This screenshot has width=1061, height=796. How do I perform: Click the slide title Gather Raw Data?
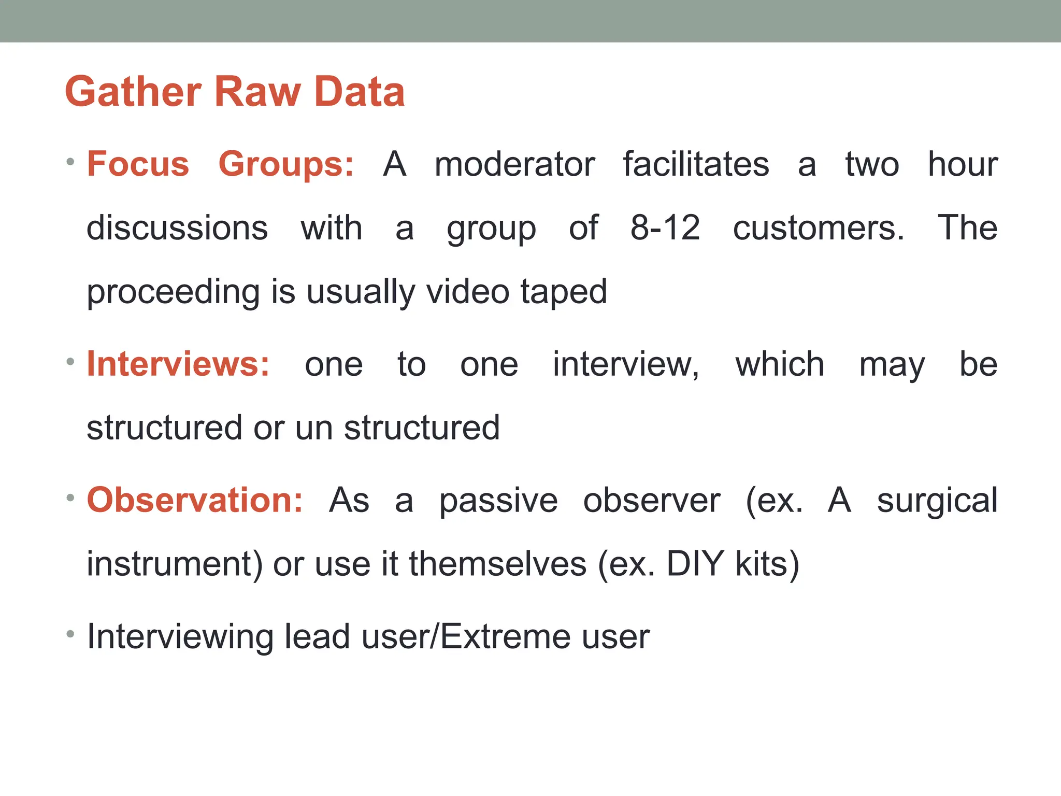(235, 92)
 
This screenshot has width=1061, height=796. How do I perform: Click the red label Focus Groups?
(220, 164)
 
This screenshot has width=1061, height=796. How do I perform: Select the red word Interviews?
(178, 364)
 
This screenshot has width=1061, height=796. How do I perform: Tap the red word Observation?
(195, 500)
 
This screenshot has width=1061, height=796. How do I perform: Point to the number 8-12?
(665, 228)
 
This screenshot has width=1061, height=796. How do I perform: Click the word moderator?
(514, 164)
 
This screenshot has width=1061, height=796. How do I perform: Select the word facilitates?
(696, 164)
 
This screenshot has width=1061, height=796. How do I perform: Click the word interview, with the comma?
(626, 364)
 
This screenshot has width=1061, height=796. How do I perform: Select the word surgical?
(937, 501)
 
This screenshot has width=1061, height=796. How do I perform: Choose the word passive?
(498, 501)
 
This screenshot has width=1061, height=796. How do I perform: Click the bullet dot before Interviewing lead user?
(70, 634)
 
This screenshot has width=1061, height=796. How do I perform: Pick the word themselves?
(498, 564)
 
